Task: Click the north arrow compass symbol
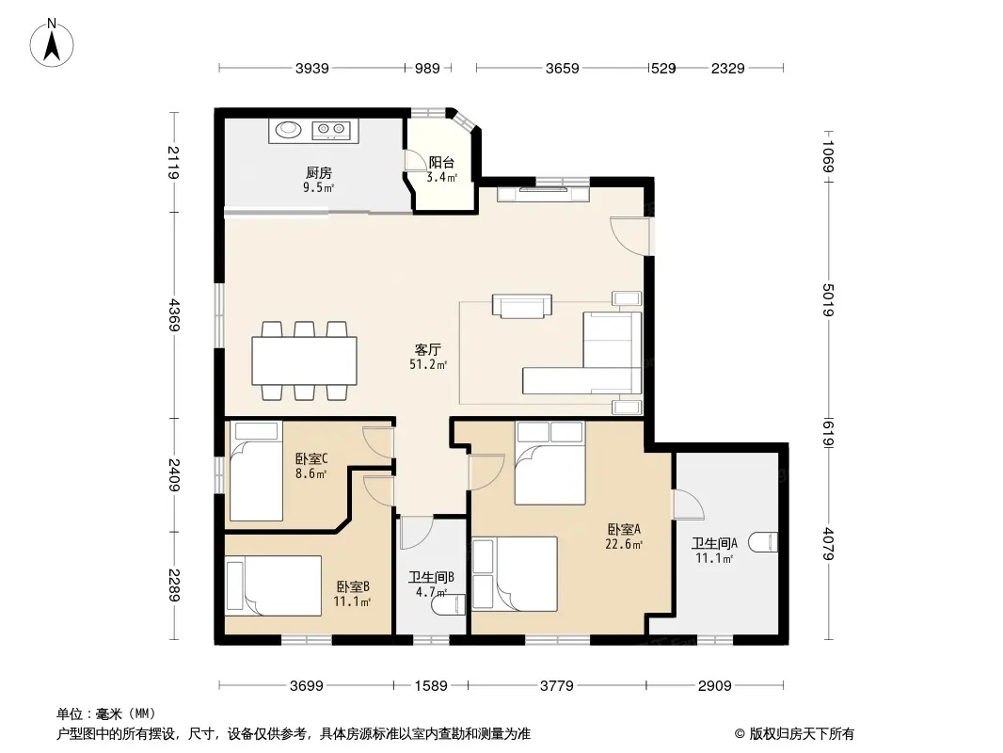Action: (52, 43)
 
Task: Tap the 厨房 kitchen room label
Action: (319, 173)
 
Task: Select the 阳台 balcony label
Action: (441, 163)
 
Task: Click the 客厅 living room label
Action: (428, 349)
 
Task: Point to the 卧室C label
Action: (311, 458)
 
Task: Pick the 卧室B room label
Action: (353, 586)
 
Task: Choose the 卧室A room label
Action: (624, 530)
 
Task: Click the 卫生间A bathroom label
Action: (714, 543)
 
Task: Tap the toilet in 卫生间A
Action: (763, 542)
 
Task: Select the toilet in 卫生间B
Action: (449, 604)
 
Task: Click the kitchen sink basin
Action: (289, 130)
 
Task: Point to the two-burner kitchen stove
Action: (330, 131)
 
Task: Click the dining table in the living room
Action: (305, 360)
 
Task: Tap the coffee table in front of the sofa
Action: (522, 306)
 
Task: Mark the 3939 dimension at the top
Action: (312, 68)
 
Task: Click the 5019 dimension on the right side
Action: (828, 299)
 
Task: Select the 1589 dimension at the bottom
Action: (431, 686)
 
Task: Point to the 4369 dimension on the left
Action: (173, 315)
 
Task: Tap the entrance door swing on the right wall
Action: (630, 236)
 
